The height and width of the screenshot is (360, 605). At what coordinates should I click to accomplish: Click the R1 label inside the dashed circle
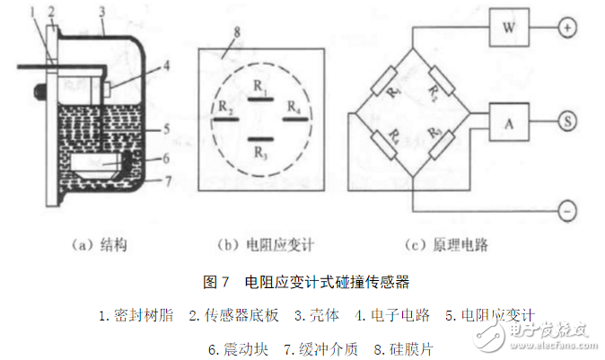[x=259, y=87]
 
